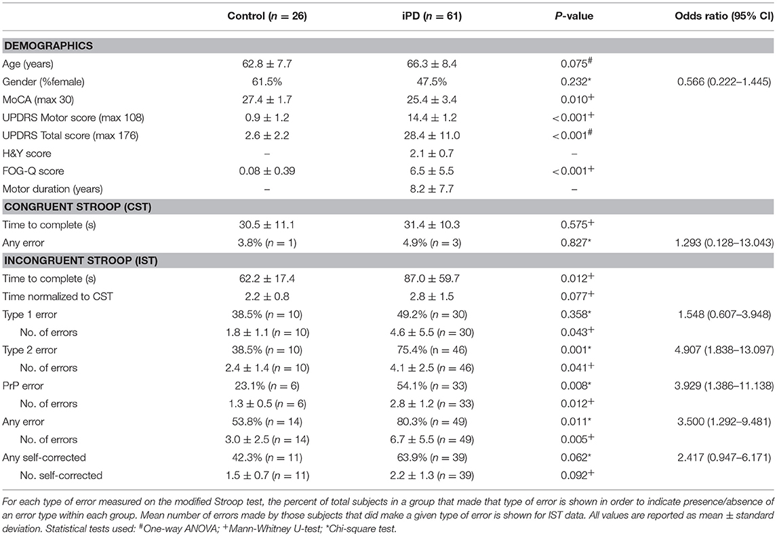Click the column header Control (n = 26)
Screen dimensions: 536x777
(x=268, y=15)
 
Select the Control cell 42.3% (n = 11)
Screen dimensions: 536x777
(x=268, y=457)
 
